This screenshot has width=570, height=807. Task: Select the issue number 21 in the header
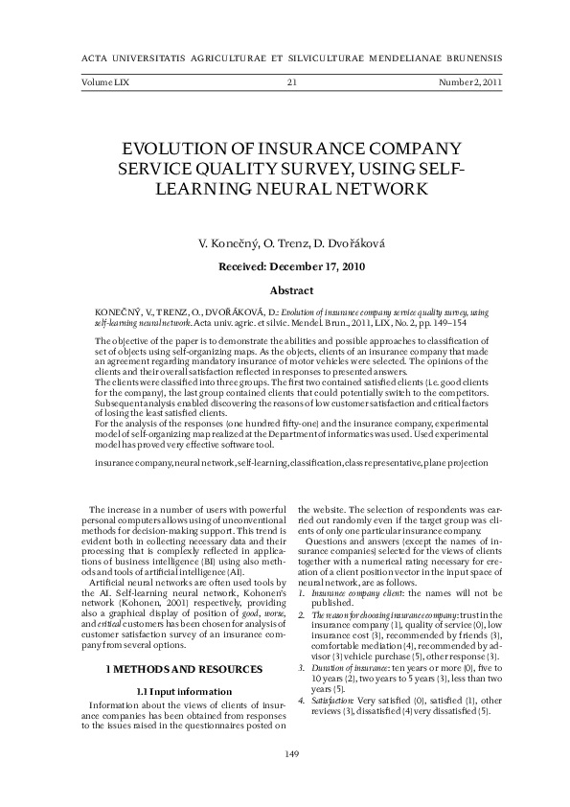click(x=292, y=83)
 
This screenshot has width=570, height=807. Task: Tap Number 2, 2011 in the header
click(x=470, y=83)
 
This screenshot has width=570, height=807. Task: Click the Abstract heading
click(x=292, y=289)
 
